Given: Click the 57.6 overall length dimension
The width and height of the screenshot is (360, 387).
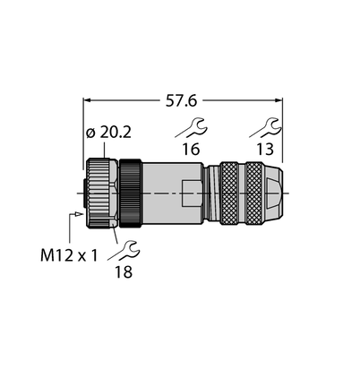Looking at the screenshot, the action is point(181,101).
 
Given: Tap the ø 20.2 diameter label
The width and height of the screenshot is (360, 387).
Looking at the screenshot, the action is point(108,133).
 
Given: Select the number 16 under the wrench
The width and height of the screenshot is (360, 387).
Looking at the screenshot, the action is point(191,149).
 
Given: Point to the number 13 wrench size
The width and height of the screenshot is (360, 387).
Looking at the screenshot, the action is point(265,149).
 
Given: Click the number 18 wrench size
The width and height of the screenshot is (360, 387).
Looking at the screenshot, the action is point(124,272).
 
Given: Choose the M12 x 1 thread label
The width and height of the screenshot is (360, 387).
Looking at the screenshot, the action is point(69,255).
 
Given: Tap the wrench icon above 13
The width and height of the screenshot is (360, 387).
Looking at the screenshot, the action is point(265,127).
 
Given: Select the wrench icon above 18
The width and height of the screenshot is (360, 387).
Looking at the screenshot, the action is point(124,250).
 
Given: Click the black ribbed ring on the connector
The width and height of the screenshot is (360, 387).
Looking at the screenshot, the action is point(131,193).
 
